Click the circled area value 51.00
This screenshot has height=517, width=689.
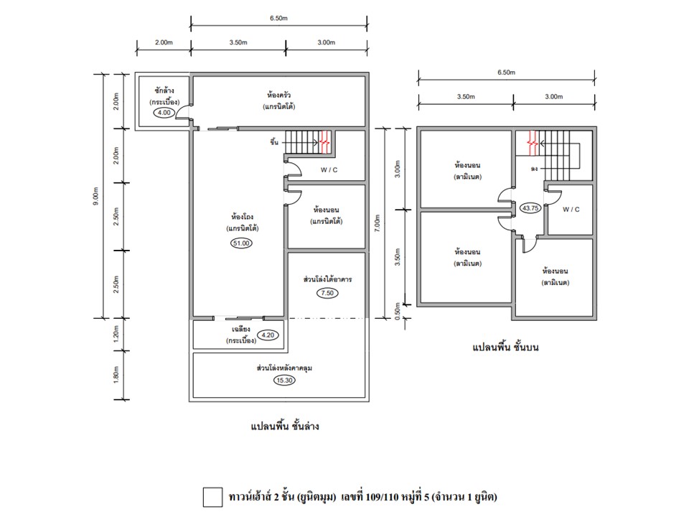tap(241, 243)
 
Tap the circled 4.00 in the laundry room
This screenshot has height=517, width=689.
tap(164, 113)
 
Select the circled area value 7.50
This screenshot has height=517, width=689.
tap(327, 293)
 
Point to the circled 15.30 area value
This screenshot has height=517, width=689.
tap(284, 381)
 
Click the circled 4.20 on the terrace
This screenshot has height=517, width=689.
tap(268, 335)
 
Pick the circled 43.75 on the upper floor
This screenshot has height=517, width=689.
tap(530, 208)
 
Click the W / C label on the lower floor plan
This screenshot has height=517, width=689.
tap(329, 170)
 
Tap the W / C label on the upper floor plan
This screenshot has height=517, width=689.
tap(571, 210)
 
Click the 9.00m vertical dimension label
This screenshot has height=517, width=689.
tap(96, 195)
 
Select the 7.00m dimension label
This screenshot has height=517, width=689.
tap(377, 223)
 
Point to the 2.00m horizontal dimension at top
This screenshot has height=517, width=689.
tap(164, 42)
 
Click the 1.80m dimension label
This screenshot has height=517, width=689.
tap(116, 375)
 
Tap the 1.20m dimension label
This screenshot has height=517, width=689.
tap(116, 334)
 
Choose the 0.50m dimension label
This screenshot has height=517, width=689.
tap(397, 311)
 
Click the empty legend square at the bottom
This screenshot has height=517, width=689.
tap(212, 497)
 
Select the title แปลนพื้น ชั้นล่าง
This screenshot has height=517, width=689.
tap(285, 426)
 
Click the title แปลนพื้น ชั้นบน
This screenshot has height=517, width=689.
tap(505, 348)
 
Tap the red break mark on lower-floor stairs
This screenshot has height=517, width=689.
tap(324, 142)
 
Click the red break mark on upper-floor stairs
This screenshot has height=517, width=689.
tap(533, 144)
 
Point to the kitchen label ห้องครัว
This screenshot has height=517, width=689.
tap(279, 95)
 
